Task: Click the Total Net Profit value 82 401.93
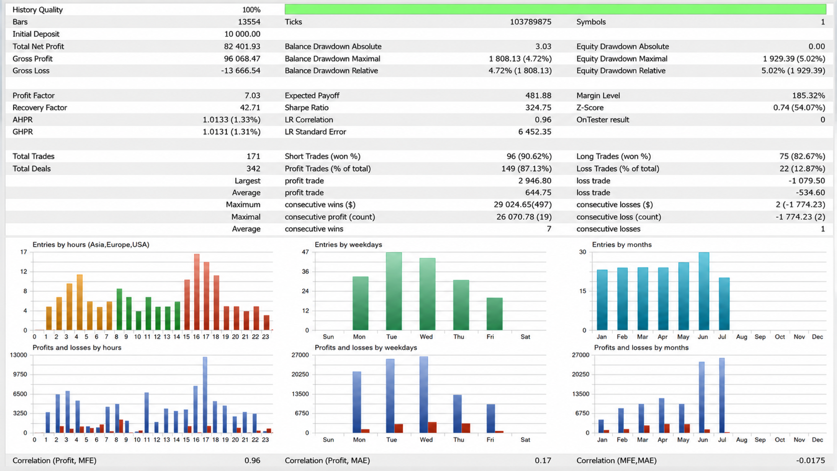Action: [x=242, y=47]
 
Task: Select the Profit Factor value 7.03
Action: [x=252, y=96]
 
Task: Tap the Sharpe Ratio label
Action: [x=306, y=108]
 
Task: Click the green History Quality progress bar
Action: [x=555, y=10]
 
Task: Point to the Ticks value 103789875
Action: [x=530, y=22]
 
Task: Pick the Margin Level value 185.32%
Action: [x=808, y=96]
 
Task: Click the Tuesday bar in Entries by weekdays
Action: [x=394, y=291]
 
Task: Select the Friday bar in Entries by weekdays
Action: [x=495, y=314]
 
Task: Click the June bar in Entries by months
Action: [x=704, y=291]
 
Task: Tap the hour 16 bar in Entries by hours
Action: [x=197, y=292]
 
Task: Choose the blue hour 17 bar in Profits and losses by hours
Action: [x=205, y=395]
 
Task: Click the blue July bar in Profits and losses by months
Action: [x=722, y=395]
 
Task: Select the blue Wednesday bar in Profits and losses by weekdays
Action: [x=424, y=395]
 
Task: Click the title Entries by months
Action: [x=622, y=245]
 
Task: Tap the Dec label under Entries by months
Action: [x=817, y=336]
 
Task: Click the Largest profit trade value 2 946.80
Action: [x=535, y=181]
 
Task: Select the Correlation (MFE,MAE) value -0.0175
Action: [x=810, y=460]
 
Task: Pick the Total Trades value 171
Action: [x=253, y=156]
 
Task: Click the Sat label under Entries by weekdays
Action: [x=525, y=336]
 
